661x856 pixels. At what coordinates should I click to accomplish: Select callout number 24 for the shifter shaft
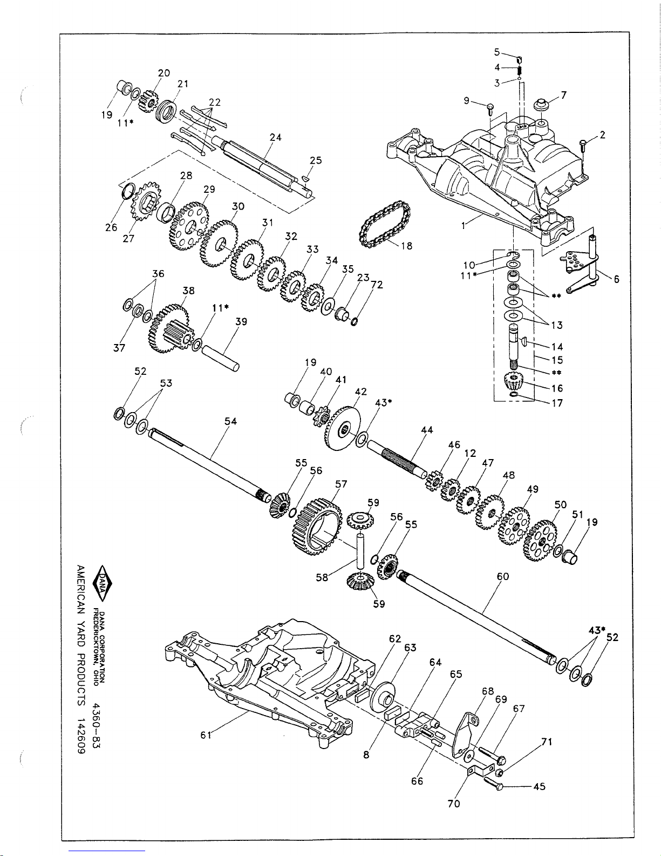pos(275,137)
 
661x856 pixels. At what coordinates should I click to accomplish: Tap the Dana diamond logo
pos(102,583)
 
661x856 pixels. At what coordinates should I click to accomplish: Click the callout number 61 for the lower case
pos(206,735)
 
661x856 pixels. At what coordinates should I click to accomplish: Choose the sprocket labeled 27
pos(146,203)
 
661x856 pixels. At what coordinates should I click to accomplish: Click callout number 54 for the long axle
pos(230,421)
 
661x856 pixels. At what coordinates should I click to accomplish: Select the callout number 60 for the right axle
pos(503,576)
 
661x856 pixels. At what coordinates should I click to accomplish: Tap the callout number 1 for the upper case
pos(464,226)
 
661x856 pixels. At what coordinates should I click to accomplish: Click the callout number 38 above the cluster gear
pos(188,291)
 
